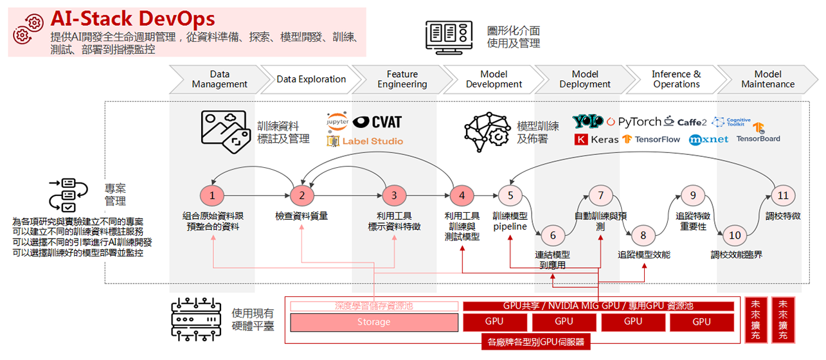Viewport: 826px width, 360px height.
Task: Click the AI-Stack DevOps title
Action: click(x=132, y=19)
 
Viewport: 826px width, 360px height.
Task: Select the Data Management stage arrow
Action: click(x=219, y=79)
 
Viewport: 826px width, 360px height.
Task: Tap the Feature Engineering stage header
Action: click(x=402, y=79)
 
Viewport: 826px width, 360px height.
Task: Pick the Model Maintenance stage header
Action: click(x=768, y=79)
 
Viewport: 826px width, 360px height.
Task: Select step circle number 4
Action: click(x=461, y=195)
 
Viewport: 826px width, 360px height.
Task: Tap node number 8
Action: click(x=643, y=235)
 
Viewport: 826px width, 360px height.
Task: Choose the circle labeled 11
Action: click(x=782, y=195)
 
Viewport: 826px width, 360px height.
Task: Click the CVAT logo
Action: click(x=377, y=122)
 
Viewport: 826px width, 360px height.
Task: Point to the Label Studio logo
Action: click(x=365, y=141)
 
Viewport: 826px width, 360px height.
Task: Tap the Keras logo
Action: click(x=597, y=139)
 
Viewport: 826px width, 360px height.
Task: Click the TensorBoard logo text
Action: click(x=758, y=139)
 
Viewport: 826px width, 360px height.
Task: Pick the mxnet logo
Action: click(x=708, y=139)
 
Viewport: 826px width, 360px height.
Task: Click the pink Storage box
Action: click(x=373, y=322)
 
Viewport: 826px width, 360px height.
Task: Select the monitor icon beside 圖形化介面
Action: click(x=449, y=35)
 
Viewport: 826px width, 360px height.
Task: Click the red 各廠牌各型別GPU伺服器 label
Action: click(x=535, y=343)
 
